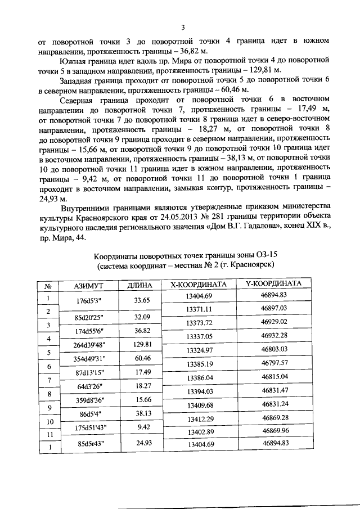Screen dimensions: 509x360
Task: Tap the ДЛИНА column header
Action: click(x=140, y=286)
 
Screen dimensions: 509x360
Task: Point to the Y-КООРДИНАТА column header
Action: click(x=274, y=283)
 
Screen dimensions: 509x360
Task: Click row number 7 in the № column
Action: click(x=48, y=381)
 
